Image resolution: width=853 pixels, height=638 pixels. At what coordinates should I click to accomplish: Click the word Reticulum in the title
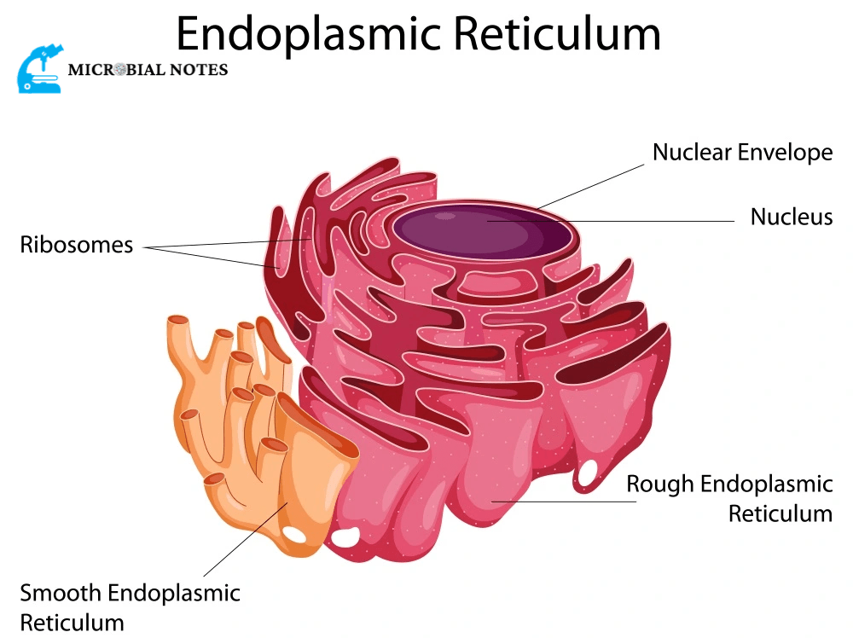click(557, 34)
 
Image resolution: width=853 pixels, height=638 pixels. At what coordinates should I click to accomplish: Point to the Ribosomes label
click(77, 246)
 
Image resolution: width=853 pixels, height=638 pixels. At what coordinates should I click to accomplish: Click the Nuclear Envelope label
click(742, 153)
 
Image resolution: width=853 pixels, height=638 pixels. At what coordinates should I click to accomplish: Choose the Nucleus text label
click(791, 217)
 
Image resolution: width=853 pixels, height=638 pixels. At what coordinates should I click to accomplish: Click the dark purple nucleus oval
click(482, 230)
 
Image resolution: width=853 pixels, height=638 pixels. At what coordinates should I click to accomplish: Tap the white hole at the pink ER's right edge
click(588, 473)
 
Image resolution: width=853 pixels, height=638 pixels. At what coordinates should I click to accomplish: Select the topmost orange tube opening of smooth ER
click(178, 320)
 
